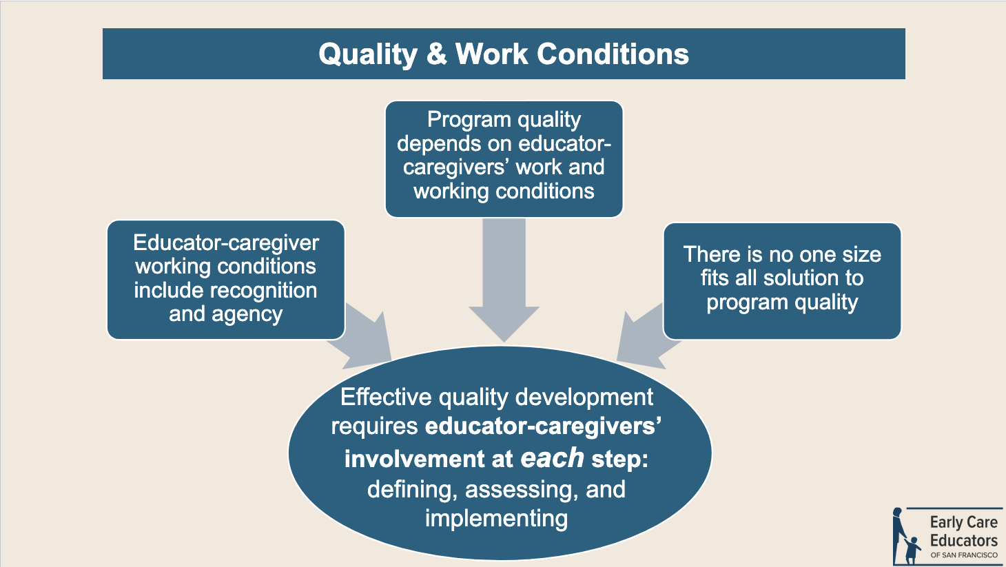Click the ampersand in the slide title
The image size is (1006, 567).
436,54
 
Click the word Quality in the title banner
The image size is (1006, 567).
368,55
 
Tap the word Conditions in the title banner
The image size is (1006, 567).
613,54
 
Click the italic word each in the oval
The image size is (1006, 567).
552,458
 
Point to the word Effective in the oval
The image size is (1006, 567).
386,398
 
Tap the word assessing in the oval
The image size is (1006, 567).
522,489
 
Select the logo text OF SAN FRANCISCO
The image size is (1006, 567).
964,555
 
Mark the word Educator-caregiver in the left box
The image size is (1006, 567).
226,243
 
